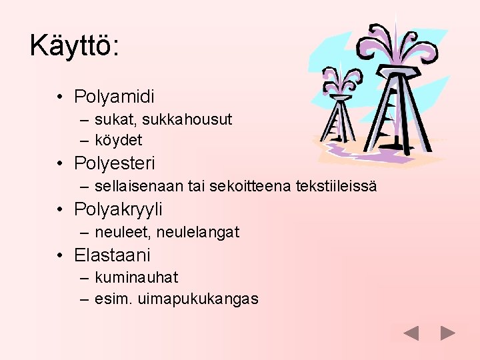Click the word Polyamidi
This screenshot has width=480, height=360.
tap(114, 97)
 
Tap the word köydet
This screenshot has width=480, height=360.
tap(118, 140)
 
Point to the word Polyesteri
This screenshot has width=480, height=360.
tap(114, 163)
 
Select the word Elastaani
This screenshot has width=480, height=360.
tap(112, 255)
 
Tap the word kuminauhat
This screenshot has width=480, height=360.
tap(136, 277)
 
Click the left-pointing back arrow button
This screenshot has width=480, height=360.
tap(411, 333)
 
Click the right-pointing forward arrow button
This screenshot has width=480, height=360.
tap(448, 333)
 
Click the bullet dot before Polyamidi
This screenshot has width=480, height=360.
tap(60, 97)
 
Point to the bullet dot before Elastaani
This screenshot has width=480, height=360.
tap(60, 255)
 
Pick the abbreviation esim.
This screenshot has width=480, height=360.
tap(113, 299)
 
